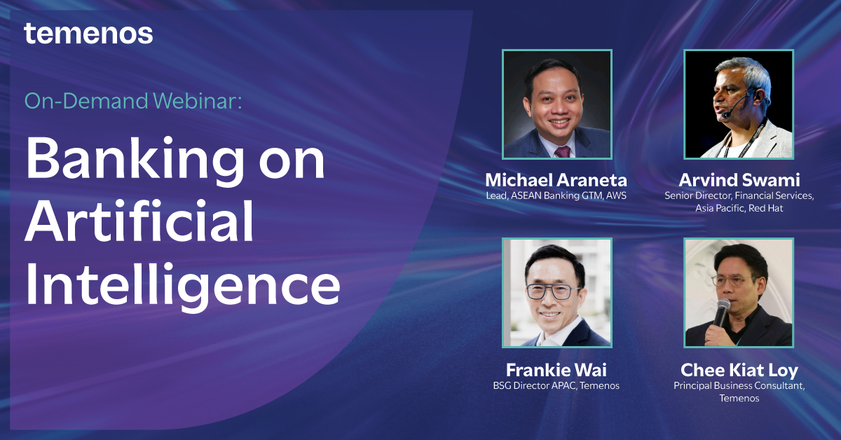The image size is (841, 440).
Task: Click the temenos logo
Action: click(x=88, y=33)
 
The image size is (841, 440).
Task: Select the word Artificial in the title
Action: click(x=140, y=221)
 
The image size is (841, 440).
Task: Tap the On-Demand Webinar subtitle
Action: click(x=132, y=102)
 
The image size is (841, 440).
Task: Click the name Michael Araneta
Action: click(x=556, y=180)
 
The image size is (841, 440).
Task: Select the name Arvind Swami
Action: click(x=739, y=180)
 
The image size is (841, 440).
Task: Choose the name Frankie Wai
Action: click(x=556, y=369)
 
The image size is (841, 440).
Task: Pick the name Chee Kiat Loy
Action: click(x=739, y=369)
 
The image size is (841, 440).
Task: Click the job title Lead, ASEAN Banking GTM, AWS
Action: click(x=556, y=195)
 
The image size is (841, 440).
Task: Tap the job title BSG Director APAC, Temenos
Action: click(x=556, y=385)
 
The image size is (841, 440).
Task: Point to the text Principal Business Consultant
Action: click(x=739, y=385)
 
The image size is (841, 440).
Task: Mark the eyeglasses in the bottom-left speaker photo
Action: click(x=554, y=289)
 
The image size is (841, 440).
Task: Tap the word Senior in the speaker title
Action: click(x=680, y=195)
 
